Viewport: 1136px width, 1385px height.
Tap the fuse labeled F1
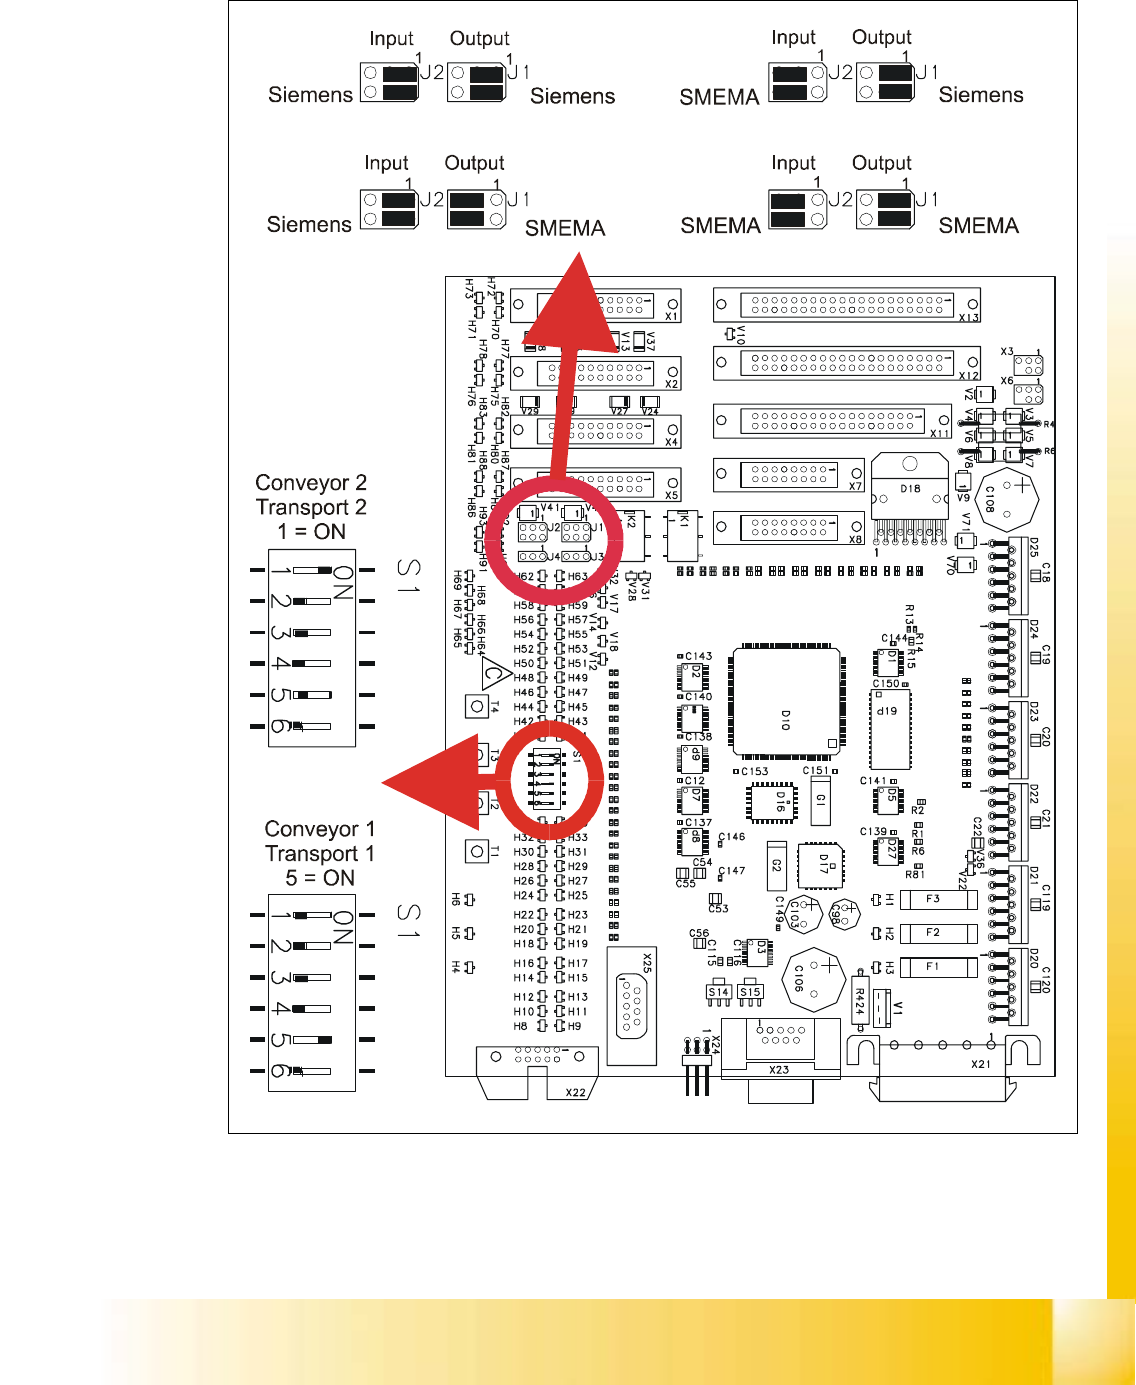point(937,967)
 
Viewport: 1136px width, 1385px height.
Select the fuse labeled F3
point(937,899)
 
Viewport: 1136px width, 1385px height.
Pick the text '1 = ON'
point(311,531)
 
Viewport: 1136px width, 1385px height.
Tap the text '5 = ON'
point(320,878)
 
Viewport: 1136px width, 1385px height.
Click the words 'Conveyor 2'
point(311,483)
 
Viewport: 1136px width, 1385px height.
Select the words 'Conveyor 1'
point(320,829)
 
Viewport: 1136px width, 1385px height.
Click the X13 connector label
point(968,318)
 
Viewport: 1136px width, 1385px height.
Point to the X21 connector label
point(981,1064)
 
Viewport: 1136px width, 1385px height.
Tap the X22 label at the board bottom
point(576,1092)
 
